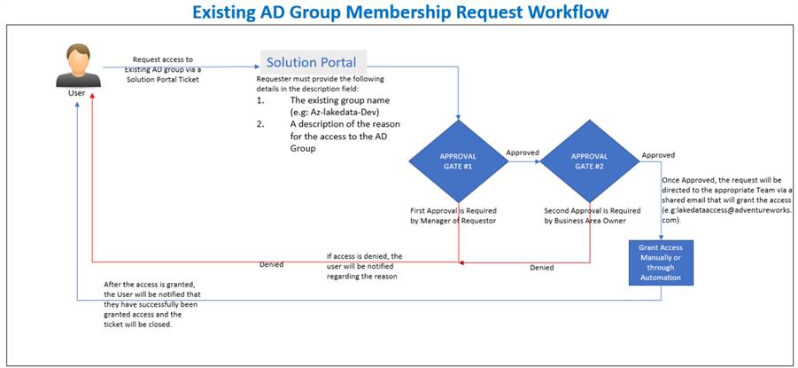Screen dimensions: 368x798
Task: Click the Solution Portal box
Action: [312, 62]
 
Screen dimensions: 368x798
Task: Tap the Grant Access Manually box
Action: [661, 262]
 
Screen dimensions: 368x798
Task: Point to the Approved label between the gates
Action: [523, 153]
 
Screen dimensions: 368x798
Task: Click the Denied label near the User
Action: [272, 265]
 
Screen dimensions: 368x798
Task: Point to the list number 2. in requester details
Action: [261, 124]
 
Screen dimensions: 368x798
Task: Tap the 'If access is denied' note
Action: [364, 256]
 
